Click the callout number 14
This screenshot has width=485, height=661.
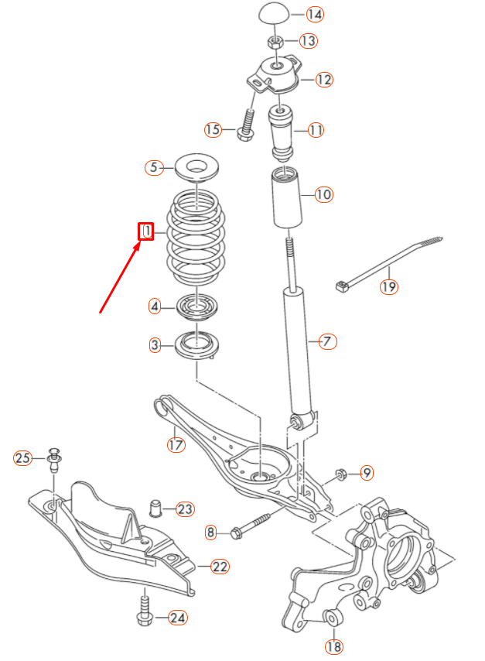(x=293, y=15)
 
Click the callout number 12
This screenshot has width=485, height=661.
(x=323, y=79)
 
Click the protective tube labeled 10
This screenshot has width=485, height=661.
(x=287, y=200)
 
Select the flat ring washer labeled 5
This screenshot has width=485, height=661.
(x=197, y=166)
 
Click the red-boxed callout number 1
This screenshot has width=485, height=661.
(x=145, y=231)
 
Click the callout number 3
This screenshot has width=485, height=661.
(x=156, y=344)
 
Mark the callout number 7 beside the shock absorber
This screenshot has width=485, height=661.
(x=327, y=341)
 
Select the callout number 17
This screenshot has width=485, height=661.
(x=176, y=444)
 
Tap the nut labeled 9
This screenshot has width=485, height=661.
(x=340, y=473)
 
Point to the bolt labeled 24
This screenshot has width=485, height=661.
(x=144, y=607)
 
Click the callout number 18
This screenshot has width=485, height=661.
(x=333, y=646)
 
